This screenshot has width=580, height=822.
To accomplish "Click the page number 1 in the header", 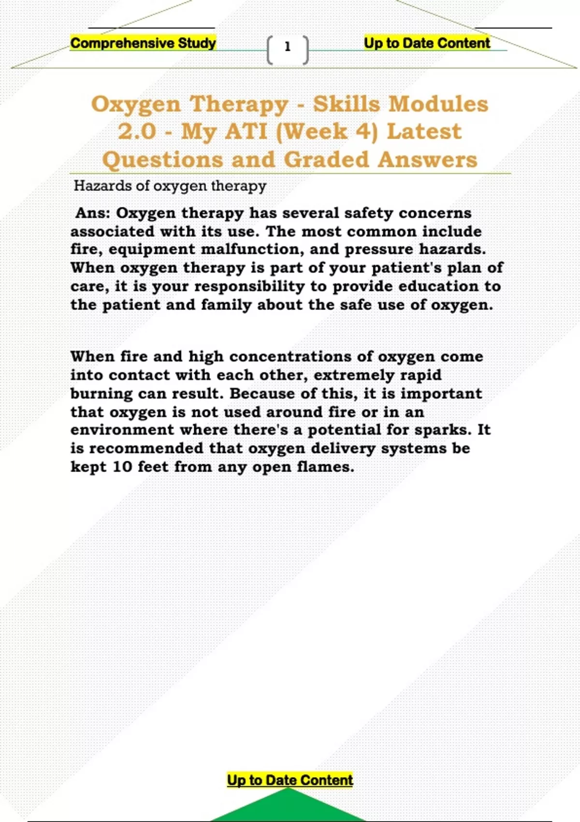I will [288, 47].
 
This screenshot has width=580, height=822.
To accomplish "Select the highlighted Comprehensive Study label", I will [143, 43].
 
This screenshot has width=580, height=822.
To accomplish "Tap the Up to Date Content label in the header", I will [427, 43].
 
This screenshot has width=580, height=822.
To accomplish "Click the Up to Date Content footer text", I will [290, 780].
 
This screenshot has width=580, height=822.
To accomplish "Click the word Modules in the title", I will [438, 104].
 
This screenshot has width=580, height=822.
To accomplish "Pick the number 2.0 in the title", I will [137, 132].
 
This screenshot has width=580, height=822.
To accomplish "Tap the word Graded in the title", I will [326, 160].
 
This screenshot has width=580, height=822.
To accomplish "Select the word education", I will [439, 286].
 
